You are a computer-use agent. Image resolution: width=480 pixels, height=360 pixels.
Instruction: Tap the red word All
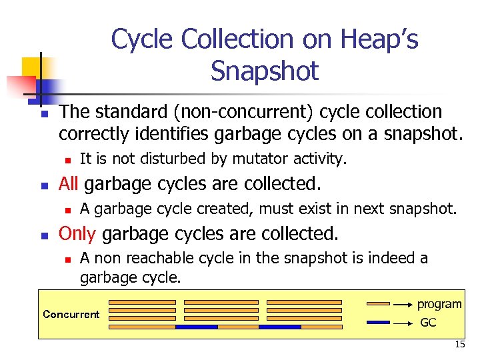pyautogui.click(x=71, y=183)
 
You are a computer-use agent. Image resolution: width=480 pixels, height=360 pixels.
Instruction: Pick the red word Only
pyautogui.click(x=77, y=233)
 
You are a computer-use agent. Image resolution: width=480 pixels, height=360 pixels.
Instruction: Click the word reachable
pyautogui.click(x=149, y=258)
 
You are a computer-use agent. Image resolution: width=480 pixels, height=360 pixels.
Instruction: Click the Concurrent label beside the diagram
pyautogui.click(x=71, y=314)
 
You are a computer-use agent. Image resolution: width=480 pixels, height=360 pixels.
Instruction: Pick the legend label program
pyautogui.click(x=439, y=304)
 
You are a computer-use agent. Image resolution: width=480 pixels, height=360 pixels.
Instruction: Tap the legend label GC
pyautogui.click(x=429, y=322)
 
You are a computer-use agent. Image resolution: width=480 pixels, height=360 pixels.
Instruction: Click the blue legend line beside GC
pyautogui.click(x=379, y=323)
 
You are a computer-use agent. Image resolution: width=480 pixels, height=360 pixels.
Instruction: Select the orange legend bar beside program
pyautogui.click(x=379, y=304)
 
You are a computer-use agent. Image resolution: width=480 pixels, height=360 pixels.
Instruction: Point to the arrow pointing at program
pyautogui.click(x=402, y=304)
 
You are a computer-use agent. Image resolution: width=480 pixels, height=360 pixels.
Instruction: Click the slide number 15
pyautogui.click(x=460, y=344)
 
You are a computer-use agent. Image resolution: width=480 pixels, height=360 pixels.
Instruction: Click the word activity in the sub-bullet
pyautogui.click(x=323, y=159)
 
